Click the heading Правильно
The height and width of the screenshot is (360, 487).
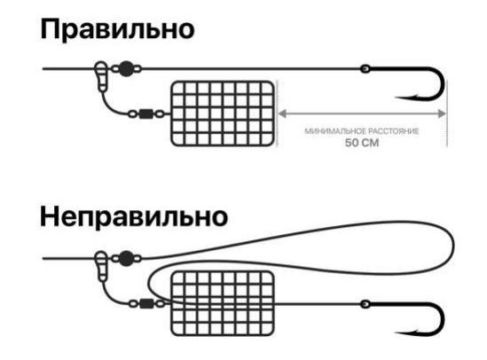click(x=117, y=29)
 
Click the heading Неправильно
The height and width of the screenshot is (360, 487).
click(x=134, y=216)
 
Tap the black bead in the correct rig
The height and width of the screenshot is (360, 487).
click(x=127, y=68)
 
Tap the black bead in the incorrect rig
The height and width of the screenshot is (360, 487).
click(x=127, y=259)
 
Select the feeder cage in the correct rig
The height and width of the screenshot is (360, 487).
click(x=223, y=113)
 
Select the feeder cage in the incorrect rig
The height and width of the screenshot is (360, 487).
click(x=223, y=303)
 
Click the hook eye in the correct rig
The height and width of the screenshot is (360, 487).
click(x=365, y=68)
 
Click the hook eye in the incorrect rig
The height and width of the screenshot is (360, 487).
click(x=365, y=304)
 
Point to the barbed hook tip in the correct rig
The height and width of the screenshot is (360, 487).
click(x=396, y=98)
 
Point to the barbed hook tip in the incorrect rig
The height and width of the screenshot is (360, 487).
click(x=396, y=333)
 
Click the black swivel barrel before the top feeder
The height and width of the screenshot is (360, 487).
click(x=145, y=113)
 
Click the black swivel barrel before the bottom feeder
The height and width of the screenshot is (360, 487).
click(x=146, y=303)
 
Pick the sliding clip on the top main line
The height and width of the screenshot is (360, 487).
click(x=101, y=76)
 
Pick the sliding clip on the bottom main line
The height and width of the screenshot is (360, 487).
click(x=101, y=266)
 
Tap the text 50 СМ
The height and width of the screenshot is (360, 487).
click(x=362, y=143)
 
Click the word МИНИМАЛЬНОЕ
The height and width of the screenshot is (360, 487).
click(x=332, y=131)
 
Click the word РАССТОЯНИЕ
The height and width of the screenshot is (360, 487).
click(x=389, y=131)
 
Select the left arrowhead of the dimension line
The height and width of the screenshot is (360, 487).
click(x=281, y=113)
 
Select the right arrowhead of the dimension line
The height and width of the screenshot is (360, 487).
click(x=442, y=113)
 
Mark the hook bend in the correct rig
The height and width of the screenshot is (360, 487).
click(x=442, y=83)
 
